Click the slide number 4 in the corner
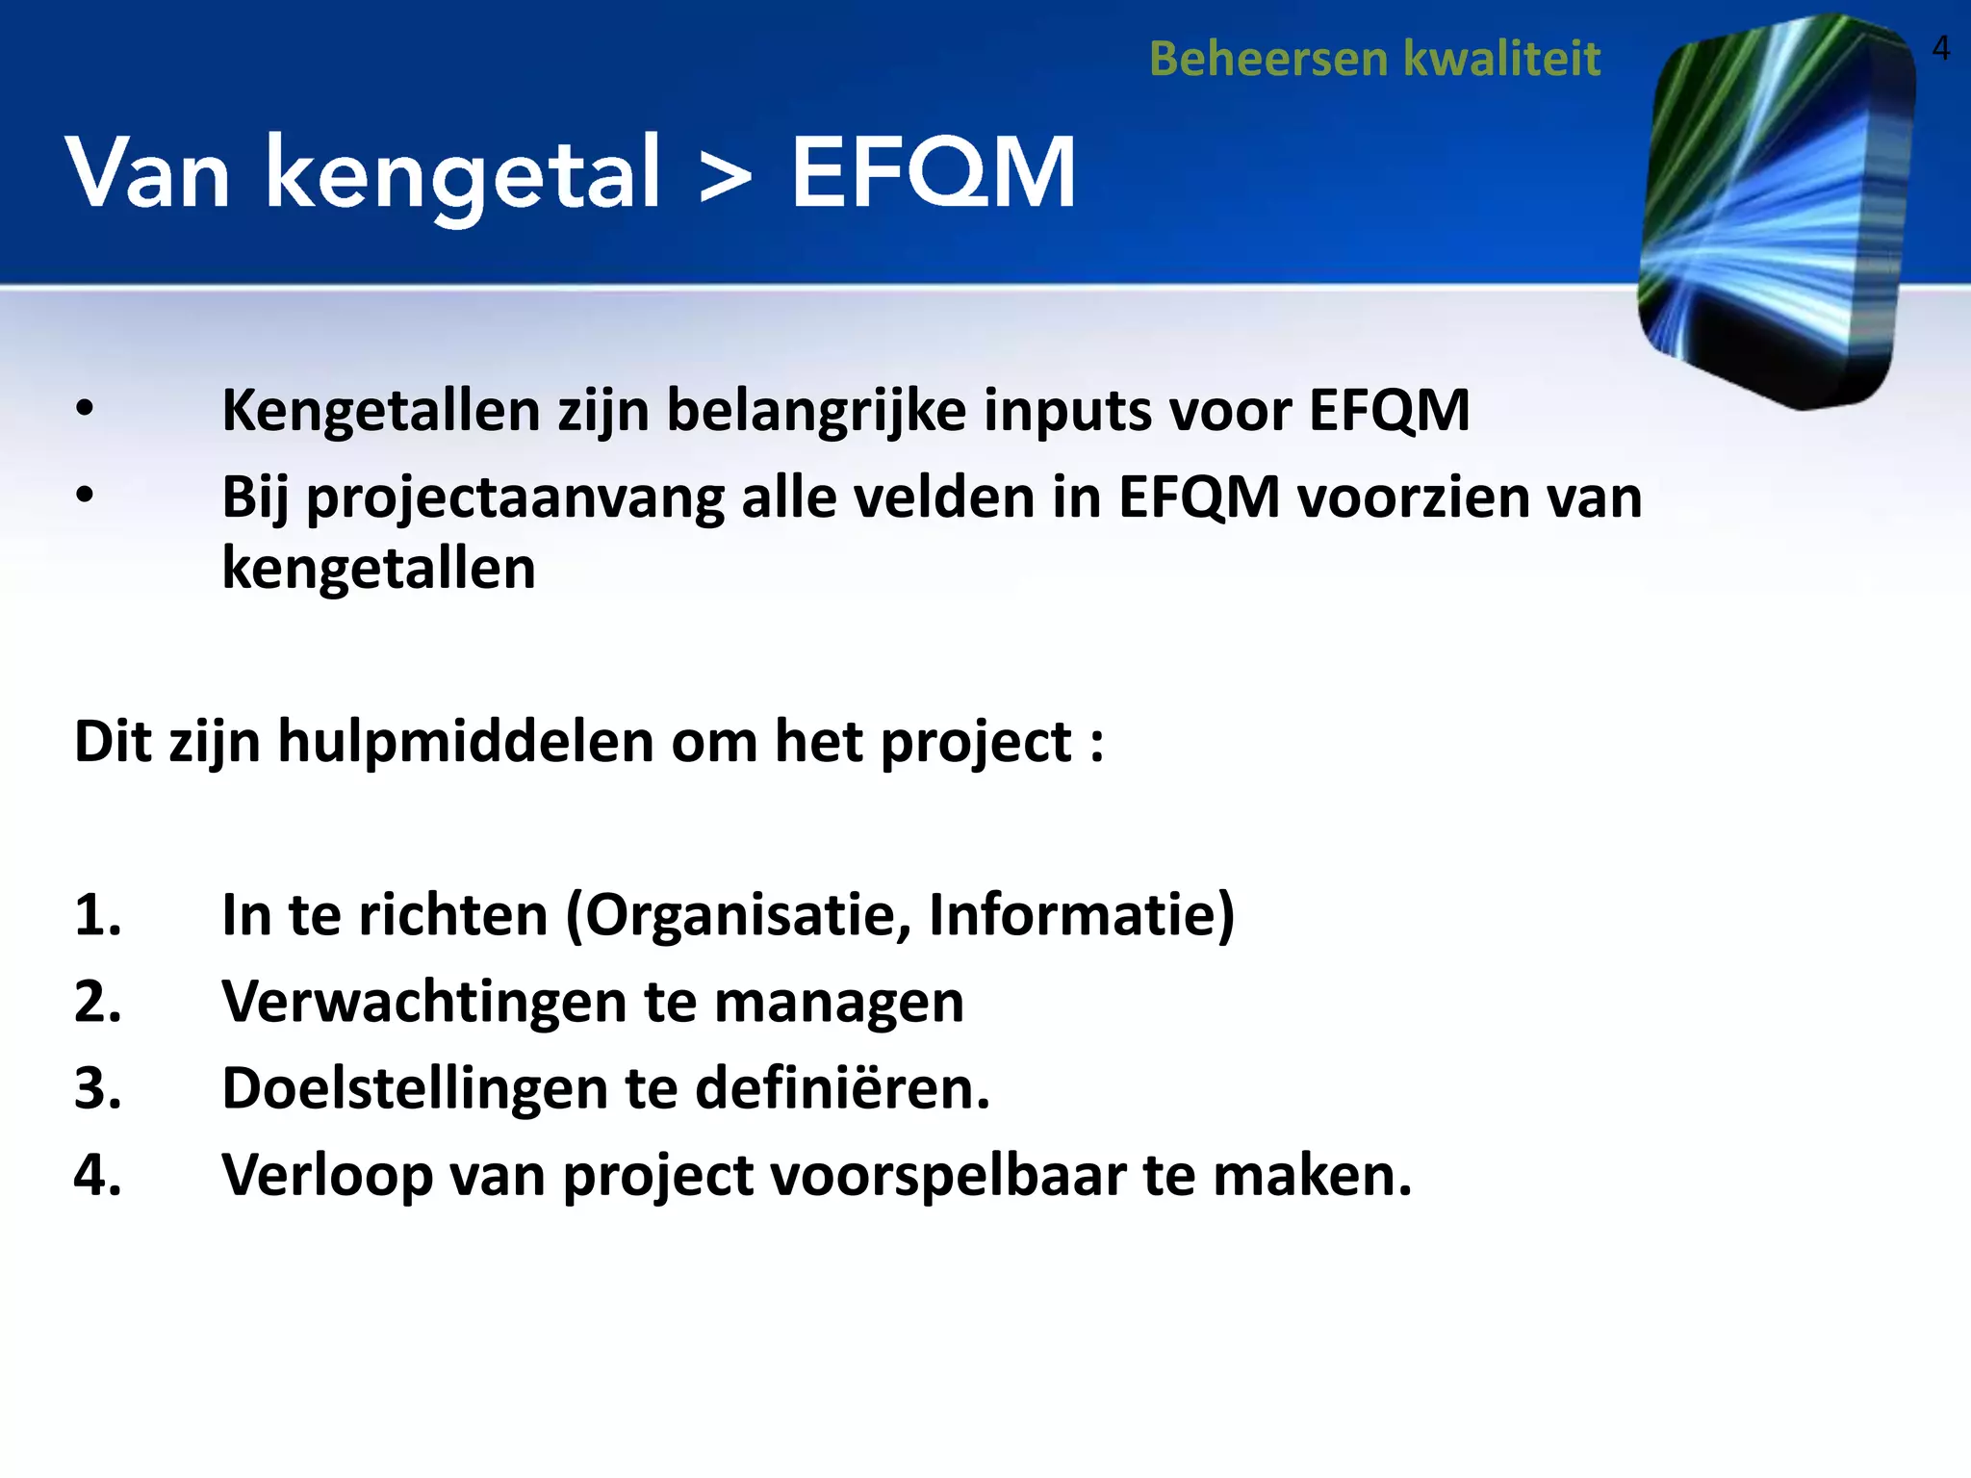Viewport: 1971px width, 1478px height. (1940, 48)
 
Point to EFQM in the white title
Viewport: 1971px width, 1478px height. (933, 173)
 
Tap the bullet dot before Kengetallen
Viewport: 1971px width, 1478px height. (86, 410)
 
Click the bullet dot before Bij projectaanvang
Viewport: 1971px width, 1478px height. (86, 497)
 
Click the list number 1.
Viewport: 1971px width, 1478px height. (97, 915)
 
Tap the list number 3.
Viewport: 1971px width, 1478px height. (97, 1089)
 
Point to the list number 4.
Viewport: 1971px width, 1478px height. (97, 1176)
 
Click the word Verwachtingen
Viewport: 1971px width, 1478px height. (423, 1003)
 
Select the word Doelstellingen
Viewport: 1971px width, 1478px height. (415, 1089)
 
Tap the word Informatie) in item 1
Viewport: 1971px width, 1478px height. (1081, 915)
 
